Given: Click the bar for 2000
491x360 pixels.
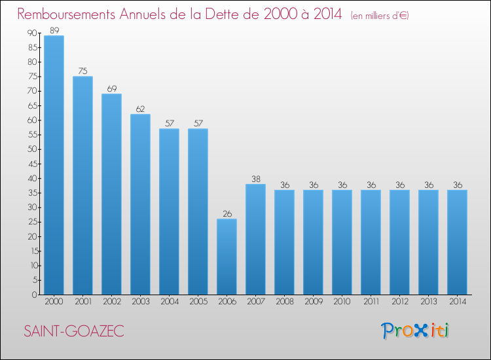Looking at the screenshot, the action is tap(54, 165).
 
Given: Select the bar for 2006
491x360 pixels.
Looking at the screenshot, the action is tap(227, 257).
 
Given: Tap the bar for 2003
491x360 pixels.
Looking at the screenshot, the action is tap(140, 204).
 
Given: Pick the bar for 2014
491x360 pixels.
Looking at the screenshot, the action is tap(457, 242).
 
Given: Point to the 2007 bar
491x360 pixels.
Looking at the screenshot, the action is tap(255, 240).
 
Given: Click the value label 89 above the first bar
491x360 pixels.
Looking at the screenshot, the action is tap(54, 30).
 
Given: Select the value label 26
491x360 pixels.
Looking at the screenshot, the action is tap(227, 214).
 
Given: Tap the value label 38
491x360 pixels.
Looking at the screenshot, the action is tap(256, 179).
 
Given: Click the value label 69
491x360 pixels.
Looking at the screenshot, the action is tap(112, 89).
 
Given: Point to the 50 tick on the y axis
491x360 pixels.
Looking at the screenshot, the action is tap(33, 149).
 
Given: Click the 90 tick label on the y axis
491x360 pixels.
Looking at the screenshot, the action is tap(33, 33).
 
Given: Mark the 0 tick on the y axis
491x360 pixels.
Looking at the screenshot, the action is tap(35, 295).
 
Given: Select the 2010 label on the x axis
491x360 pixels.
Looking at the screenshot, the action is tap(342, 302).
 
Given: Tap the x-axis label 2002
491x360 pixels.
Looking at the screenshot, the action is tap(112, 302).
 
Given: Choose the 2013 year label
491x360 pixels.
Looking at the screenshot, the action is tap(429, 302).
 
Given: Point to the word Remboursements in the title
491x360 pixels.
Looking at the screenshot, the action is tap(66, 14).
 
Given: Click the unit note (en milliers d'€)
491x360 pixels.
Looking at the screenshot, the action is tap(380, 16).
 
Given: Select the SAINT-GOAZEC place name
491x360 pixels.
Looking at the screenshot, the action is tap(74, 331).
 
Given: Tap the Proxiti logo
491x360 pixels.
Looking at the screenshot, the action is tap(415, 331).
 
